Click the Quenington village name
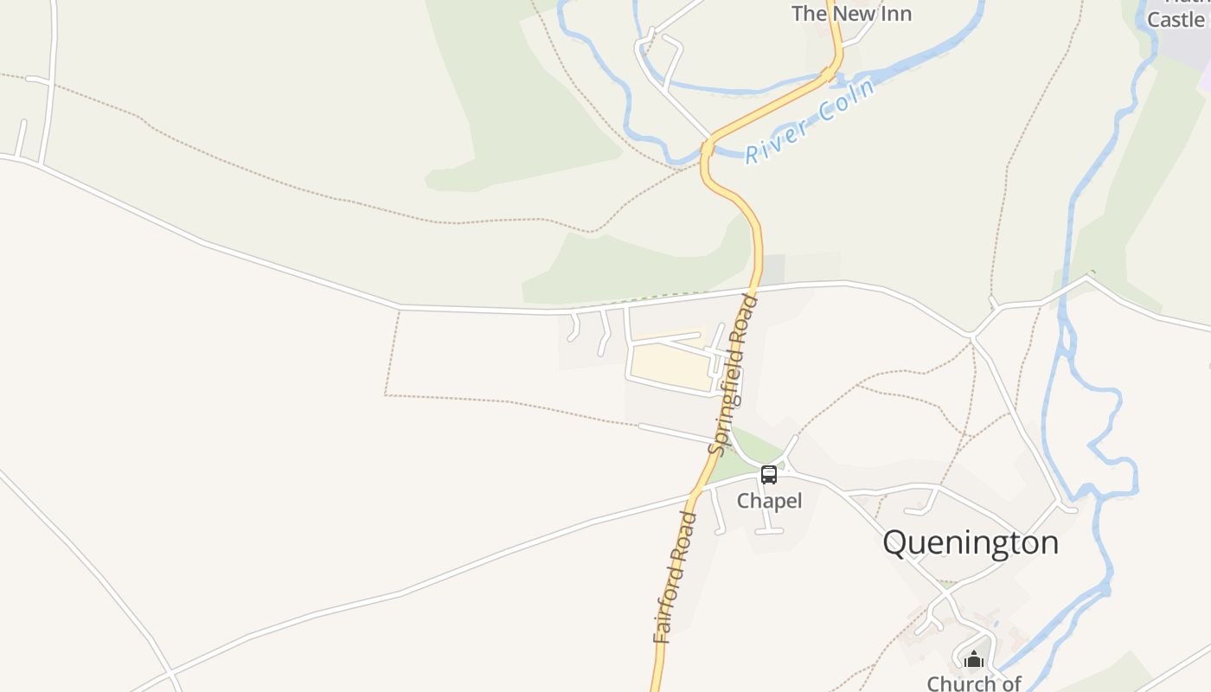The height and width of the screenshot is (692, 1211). pyautogui.click(x=971, y=543)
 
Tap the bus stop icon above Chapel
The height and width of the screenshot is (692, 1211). pyautogui.click(x=769, y=474)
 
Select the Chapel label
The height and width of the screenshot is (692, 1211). pyautogui.click(x=769, y=501)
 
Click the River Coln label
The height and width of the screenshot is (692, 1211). pyautogui.click(x=811, y=121)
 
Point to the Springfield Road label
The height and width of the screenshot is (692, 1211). pyautogui.click(x=733, y=374)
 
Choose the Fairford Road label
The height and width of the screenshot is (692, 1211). pyautogui.click(x=675, y=577)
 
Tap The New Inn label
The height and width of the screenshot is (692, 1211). pyautogui.click(x=851, y=14)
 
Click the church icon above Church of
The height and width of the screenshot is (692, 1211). pyautogui.click(x=974, y=660)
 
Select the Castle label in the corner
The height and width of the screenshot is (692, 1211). pyautogui.click(x=1176, y=19)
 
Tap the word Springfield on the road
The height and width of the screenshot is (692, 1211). pyautogui.click(x=727, y=397)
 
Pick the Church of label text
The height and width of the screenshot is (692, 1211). pyautogui.click(x=974, y=683)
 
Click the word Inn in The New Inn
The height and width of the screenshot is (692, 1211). pyautogui.click(x=896, y=14)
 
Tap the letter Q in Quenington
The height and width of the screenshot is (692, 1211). pyautogui.click(x=897, y=543)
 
